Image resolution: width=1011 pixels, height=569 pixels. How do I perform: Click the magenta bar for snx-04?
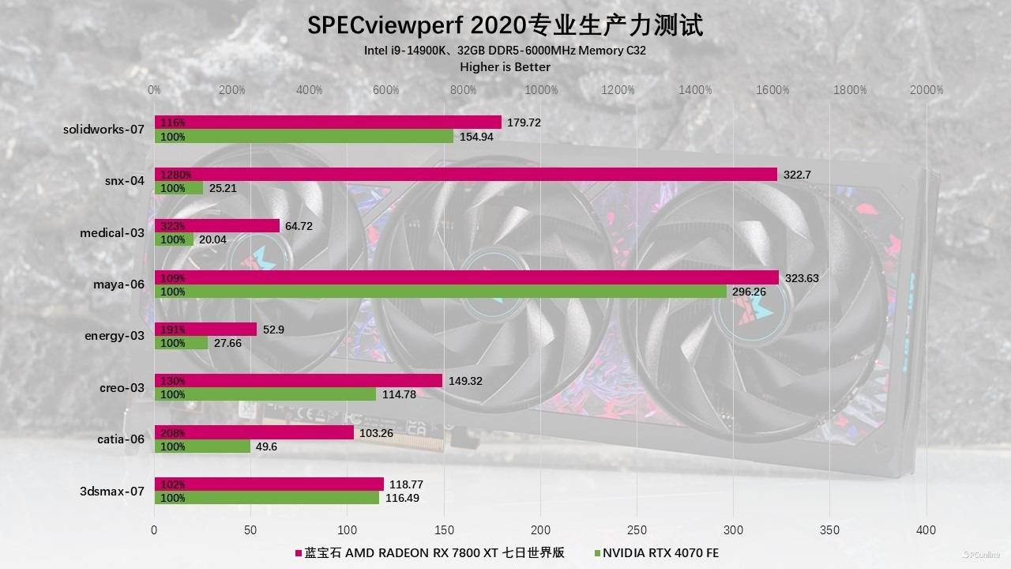466,174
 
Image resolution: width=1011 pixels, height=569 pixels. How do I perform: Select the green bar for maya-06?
440,292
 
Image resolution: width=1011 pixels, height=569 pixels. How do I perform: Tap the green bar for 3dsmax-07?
267,498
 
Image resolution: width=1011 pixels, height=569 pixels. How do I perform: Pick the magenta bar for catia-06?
254,432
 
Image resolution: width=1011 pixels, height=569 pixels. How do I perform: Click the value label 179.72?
524,122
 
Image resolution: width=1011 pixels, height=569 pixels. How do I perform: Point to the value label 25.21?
222,188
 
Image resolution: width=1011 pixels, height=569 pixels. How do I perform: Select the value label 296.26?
749,292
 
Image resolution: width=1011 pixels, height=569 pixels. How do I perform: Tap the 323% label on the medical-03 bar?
172,226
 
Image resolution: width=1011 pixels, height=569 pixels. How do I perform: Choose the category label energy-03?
115,336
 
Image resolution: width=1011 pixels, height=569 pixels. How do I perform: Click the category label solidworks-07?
103,129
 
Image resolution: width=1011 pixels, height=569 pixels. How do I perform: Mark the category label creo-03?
122,387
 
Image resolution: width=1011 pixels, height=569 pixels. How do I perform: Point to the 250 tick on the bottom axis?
637,530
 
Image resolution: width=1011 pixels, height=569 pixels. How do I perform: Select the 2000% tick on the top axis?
926,90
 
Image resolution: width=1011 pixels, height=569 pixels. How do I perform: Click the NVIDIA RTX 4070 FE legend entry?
660,552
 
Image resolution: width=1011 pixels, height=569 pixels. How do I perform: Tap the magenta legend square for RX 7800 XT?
299,553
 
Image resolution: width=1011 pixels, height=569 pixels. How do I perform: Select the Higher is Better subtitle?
505,67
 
